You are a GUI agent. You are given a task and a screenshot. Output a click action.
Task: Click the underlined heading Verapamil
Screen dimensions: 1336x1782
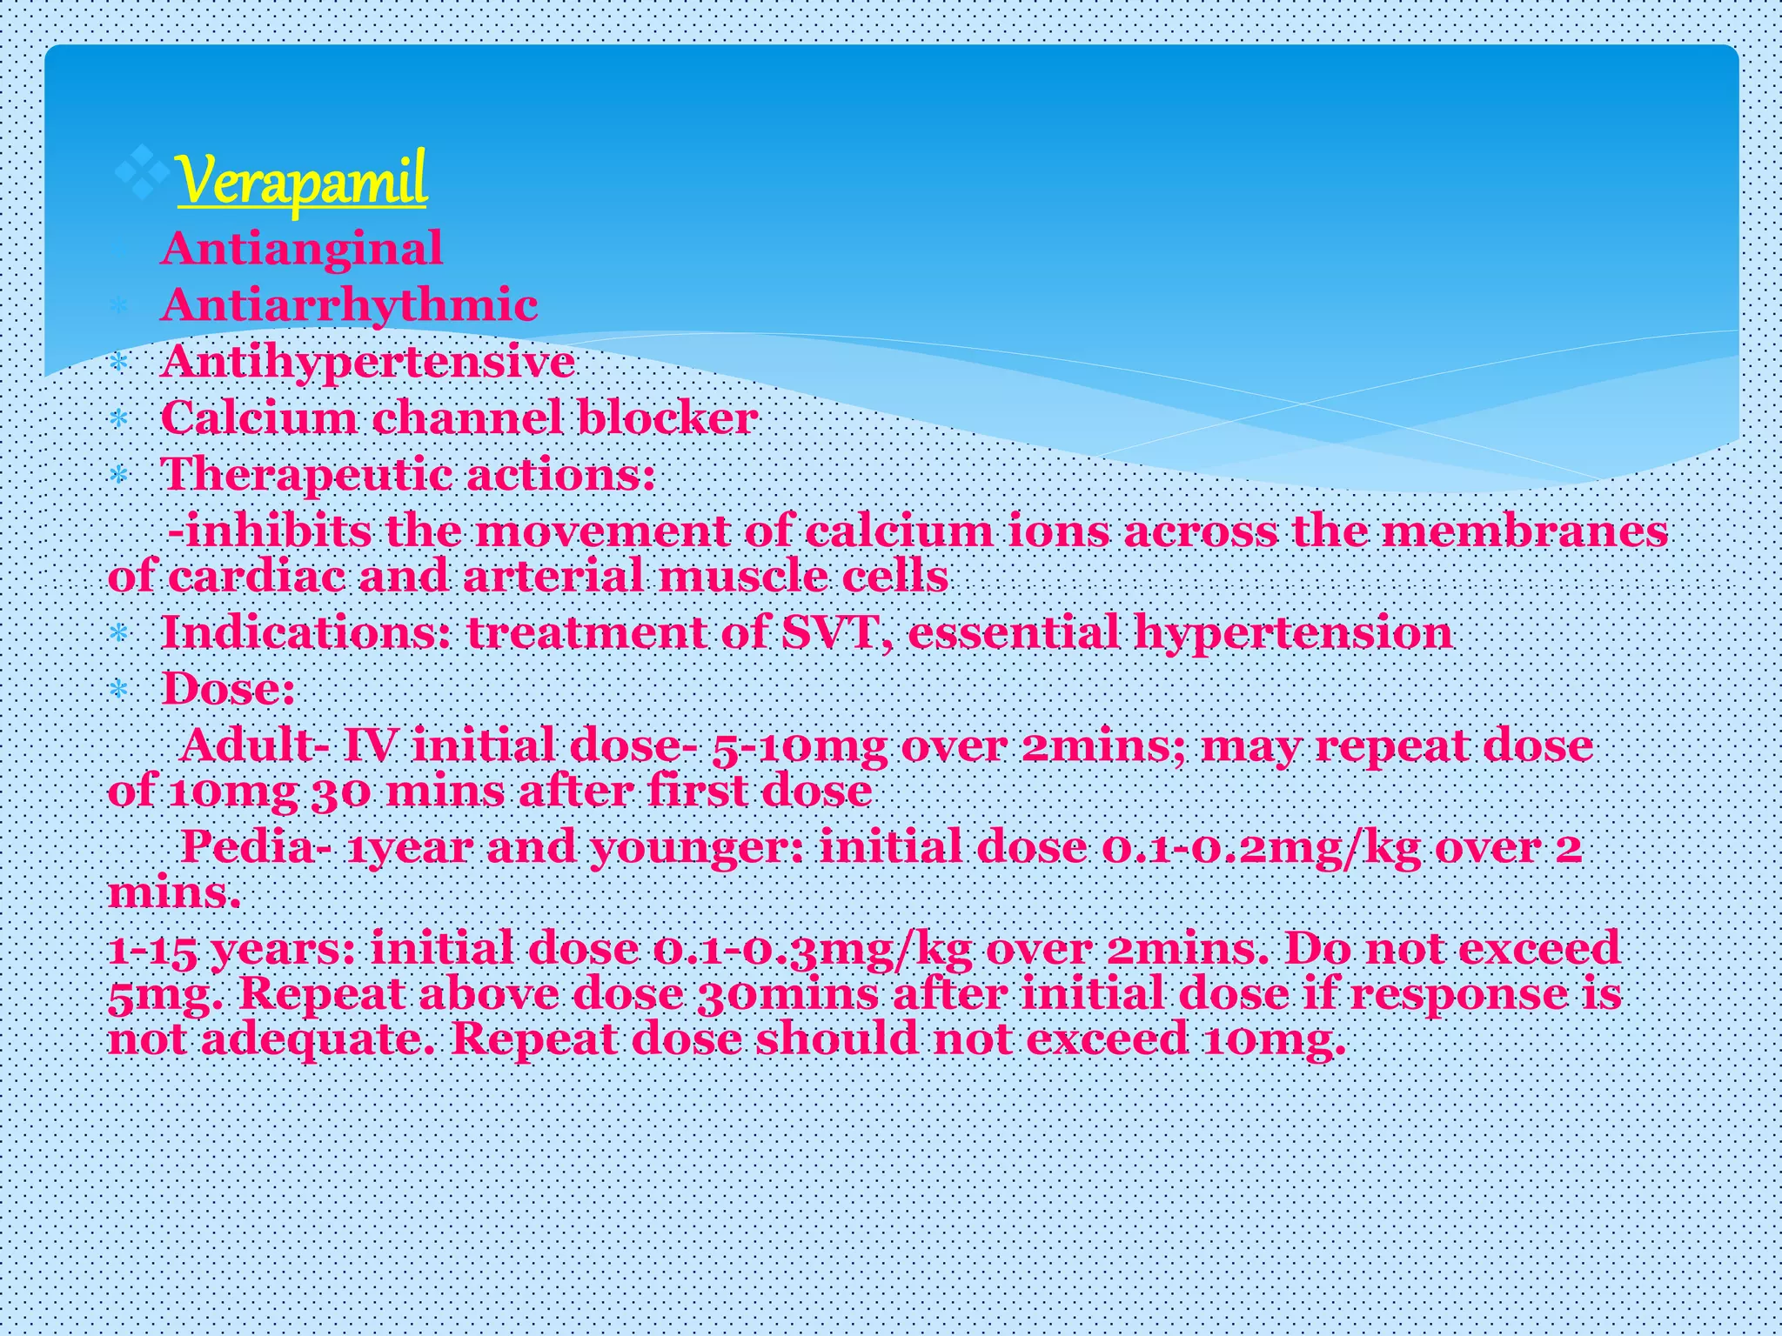tap(301, 180)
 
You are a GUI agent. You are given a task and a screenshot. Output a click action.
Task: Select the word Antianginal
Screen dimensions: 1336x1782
tap(301, 249)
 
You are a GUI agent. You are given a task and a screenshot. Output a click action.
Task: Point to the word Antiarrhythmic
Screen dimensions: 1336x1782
tap(349, 305)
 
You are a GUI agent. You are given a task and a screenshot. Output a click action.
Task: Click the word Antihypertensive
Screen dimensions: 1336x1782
tap(367, 362)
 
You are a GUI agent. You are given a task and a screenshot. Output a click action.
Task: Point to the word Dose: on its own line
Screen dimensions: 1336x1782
tap(228, 690)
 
